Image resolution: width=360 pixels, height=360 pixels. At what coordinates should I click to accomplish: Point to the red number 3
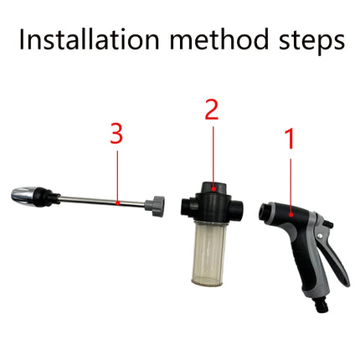pos(117,134)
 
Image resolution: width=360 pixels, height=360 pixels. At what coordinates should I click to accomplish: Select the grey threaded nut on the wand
pos(155,204)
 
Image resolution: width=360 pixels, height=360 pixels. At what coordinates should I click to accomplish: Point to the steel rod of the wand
pos(100,201)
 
